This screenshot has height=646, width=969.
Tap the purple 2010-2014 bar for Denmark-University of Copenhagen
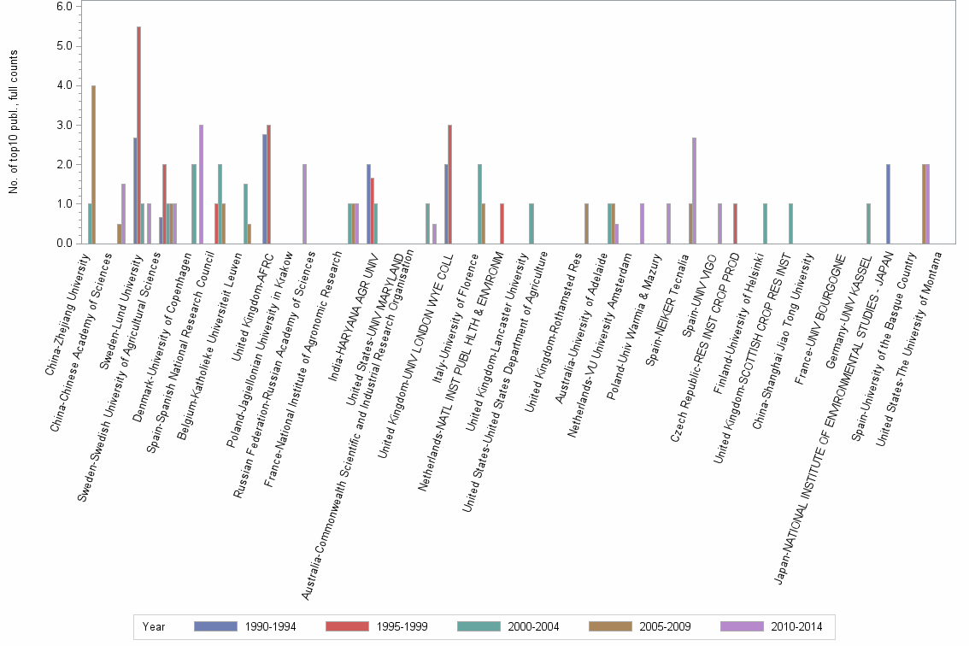202,184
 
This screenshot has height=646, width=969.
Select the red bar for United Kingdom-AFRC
268,184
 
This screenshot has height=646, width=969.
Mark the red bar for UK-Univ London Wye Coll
450,184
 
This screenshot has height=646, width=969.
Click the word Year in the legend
155,626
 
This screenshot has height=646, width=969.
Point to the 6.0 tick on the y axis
63,6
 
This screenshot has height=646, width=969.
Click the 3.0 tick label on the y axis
63,125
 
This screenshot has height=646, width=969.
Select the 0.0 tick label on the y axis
63,244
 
